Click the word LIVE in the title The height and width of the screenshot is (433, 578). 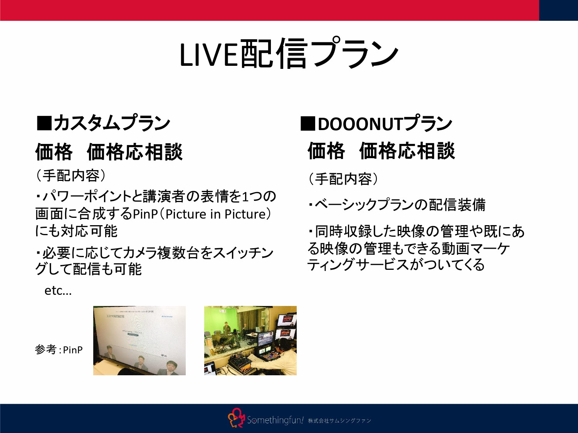point(208,54)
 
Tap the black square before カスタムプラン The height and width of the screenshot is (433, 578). point(44,123)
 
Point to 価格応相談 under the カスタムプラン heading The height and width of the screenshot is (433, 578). point(134,152)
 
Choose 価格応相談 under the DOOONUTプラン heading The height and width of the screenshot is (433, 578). point(407,151)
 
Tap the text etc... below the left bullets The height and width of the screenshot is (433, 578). point(58,291)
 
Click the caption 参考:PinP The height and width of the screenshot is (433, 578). point(59,349)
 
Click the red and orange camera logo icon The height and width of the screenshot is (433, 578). point(236,418)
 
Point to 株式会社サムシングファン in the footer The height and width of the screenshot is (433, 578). point(339,421)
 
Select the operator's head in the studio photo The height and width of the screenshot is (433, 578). point(283,343)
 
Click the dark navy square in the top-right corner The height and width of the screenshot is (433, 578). point(558,10)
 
